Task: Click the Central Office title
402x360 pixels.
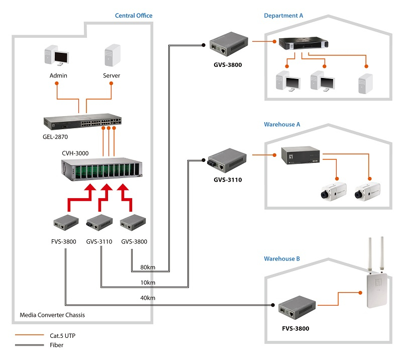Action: [133, 16]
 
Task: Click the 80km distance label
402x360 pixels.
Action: [148, 267]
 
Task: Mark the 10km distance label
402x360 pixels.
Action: [148, 283]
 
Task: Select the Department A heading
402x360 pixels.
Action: [283, 16]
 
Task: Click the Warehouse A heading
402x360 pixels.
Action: [282, 124]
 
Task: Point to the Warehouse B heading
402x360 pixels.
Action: [282, 259]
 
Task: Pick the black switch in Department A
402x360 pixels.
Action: [303, 44]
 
